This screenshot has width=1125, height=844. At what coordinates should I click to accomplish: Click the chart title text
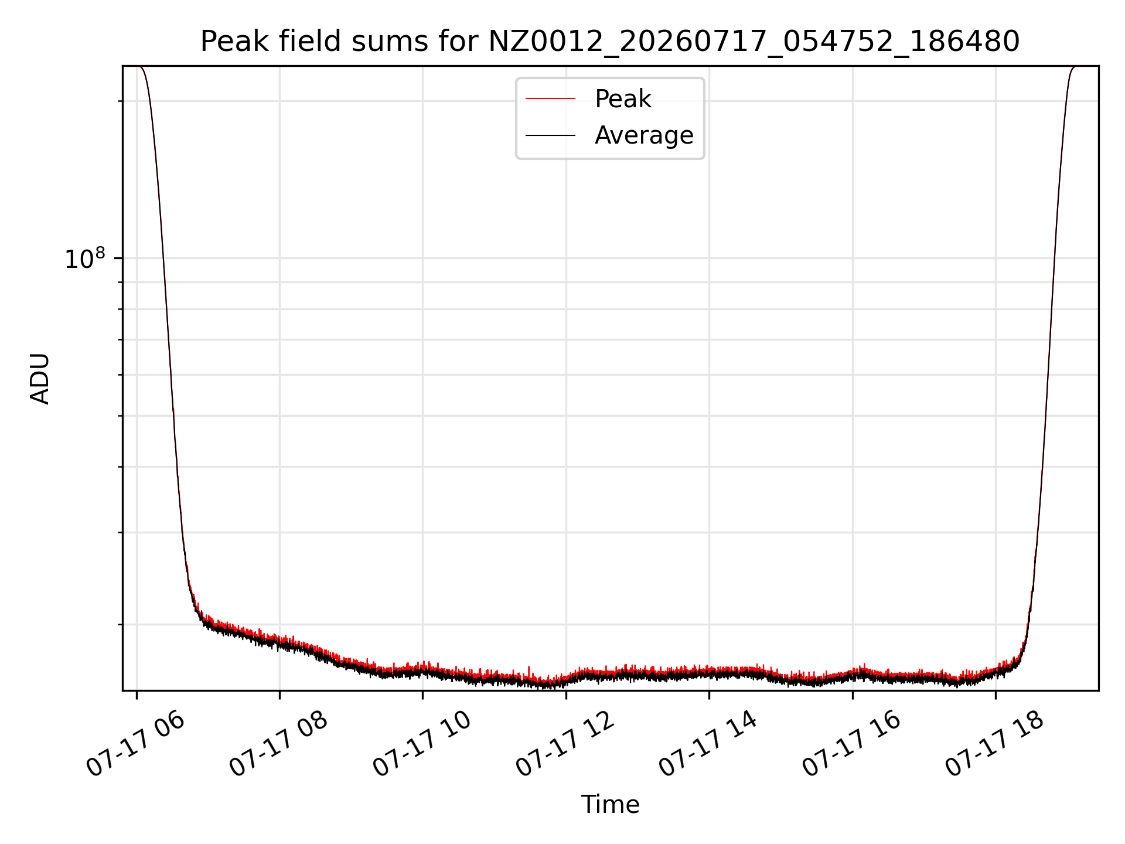pyautogui.click(x=610, y=42)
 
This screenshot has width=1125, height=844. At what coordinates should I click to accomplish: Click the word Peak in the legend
pyautogui.click(x=623, y=99)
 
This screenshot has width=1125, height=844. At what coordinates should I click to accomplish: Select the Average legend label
pyautogui.click(x=644, y=135)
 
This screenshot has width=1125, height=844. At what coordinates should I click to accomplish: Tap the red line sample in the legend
pyautogui.click(x=550, y=99)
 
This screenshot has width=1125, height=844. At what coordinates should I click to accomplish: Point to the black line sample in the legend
pyautogui.click(x=550, y=135)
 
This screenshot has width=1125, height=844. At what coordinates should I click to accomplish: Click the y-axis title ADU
pyautogui.click(x=40, y=379)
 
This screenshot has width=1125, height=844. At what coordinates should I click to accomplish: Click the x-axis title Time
pyautogui.click(x=610, y=805)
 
